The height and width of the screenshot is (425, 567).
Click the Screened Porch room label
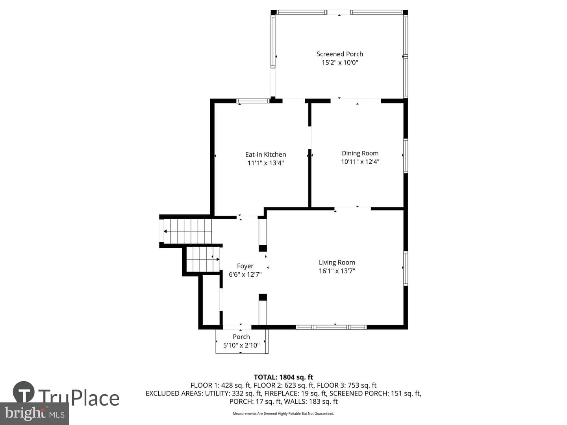(x=340, y=54)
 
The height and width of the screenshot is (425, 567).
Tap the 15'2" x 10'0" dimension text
(x=340, y=63)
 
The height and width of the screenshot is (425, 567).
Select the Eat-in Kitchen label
(x=265, y=155)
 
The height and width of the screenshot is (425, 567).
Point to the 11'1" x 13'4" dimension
(x=265, y=163)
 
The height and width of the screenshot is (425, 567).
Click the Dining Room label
(x=360, y=153)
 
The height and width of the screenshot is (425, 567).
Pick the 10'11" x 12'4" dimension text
(x=360, y=162)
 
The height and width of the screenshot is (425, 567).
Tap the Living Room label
(x=337, y=262)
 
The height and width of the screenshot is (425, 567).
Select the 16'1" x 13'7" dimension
(x=337, y=271)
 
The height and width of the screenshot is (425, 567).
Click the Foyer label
(x=245, y=266)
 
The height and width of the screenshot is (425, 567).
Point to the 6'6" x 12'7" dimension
(x=245, y=275)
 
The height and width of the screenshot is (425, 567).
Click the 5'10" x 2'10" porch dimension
(x=241, y=345)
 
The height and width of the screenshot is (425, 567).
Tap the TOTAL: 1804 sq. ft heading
(x=283, y=377)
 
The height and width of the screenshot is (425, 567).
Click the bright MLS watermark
(x=35, y=414)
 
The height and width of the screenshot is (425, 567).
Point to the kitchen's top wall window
(x=253, y=101)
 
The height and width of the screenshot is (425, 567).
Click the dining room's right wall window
(x=406, y=155)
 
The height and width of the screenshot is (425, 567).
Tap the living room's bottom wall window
(x=331, y=327)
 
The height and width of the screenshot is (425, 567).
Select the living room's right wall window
(x=406, y=268)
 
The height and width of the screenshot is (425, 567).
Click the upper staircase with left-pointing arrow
(x=185, y=231)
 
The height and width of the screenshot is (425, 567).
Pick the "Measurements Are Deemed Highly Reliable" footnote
(x=283, y=413)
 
